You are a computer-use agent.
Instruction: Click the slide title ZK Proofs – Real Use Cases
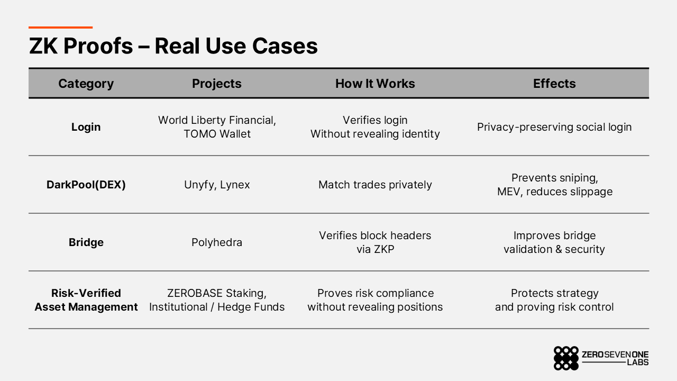pyautogui.click(x=173, y=46)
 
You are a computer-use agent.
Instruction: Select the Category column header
pyautogui.click(x=86, y=84)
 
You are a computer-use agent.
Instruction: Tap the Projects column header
pyautogui.click(x=216, y=84)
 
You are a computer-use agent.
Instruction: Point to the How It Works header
pyautogui.click(x=375, y=84)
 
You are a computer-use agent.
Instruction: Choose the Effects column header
pyautogui.click(x=554, y=84)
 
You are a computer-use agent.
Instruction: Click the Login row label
pyautogui.click(x=86, y=127)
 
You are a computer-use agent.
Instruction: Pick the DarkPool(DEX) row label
pyautogui.click(x=86, y=185)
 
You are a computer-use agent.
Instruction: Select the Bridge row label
pyautogui.click(x=86, y=242)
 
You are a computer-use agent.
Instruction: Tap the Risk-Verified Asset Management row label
pyautogui.click(x=86, y=300)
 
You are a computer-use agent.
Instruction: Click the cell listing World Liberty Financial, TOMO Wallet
pyautogui.click(x=217, y=127)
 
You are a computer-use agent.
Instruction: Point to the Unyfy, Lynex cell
pyautogui.click(x=217, y=185)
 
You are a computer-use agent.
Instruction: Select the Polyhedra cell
pyautogui.click(x=217, y=242)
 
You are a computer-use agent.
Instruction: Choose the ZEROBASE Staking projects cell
pyautogui.click(x=217, y=300)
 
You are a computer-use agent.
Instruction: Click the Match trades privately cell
pyautogui.click(x=375, y=185)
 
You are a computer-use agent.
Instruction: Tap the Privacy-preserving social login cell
pyautogui.click(x=554, y=127)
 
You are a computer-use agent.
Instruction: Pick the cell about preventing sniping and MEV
pyautogui.click(x=554, y=185)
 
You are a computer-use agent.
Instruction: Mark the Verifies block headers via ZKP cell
pyautogui.click(x=375, y=242)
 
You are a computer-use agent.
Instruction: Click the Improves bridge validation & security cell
pyautogui.click(x=554, y=242)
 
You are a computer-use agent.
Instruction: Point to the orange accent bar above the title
pyautogui.click(x=60, y=28)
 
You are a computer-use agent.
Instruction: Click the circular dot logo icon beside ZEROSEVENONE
pyautogui.click(x=566, y=358)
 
